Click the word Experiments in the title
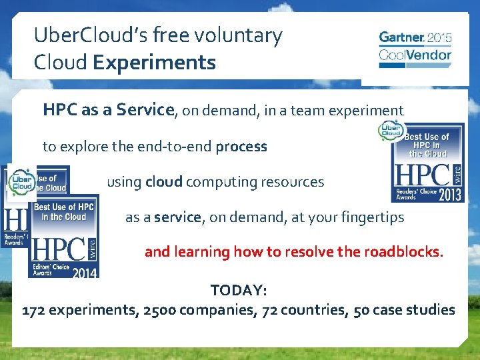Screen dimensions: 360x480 click(x=155, y=63)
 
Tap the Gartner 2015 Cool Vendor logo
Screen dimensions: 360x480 click(x=415, y=49)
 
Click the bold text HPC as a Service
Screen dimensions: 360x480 click(x=108, y=110)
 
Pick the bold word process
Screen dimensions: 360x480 click(x=241, y=146)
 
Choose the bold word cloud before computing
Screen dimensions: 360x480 click(x=165, y=181)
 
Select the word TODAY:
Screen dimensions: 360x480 click(x=239, y=291)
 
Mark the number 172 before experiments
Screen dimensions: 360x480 click(x=34, y=310)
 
